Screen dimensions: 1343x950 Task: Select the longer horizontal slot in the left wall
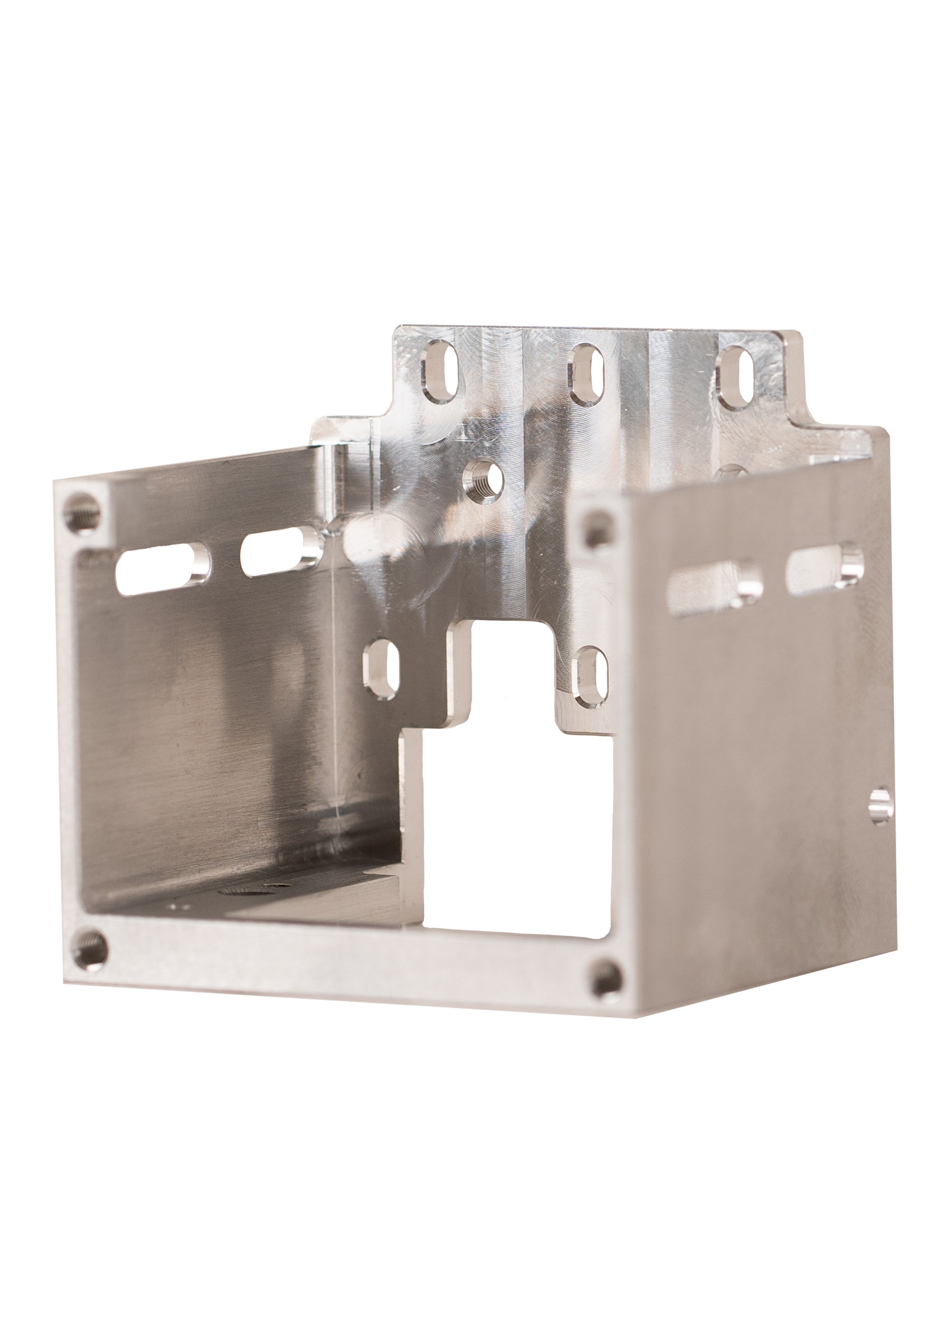coord(163,568)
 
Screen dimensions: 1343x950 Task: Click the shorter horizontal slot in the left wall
coord(279,550)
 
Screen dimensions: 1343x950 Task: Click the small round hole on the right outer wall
coord(880,806)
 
